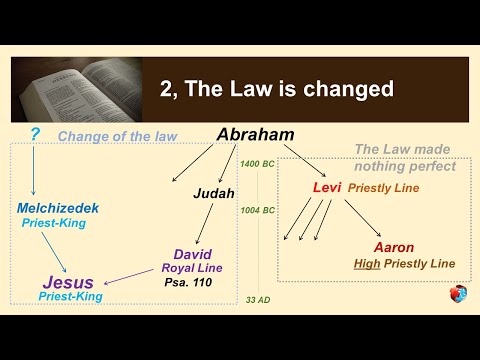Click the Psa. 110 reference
(x=191, y=283)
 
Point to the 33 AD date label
(x=259, y=299)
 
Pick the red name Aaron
(x=393, y=247)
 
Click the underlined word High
(x=367, y=264)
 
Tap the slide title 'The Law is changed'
(x=276, y=89)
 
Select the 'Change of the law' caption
(x=105, y=136)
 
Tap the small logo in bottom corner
(x=457, y=294)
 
